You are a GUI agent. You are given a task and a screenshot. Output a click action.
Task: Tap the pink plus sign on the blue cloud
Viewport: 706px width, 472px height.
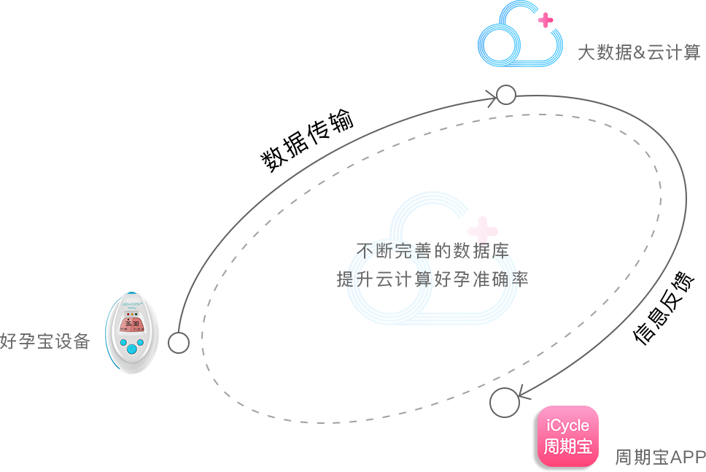click(x=546, y=20)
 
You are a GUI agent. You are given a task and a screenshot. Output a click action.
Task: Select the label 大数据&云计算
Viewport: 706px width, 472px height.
click(x=639, y=53)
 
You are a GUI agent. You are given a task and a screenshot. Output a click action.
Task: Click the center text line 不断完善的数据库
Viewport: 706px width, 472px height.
click(x=432, y=251)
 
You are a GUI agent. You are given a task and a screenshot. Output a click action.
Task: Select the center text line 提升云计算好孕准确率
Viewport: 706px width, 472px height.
click(x=432, y=279)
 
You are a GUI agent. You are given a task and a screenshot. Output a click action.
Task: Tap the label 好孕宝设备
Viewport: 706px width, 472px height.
click(x=45, y=341)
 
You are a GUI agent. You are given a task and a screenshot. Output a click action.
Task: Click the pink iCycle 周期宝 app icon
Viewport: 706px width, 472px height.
click(x=567, y=436)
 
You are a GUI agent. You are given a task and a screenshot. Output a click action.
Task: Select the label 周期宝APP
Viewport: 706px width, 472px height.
click(x=660, y=457)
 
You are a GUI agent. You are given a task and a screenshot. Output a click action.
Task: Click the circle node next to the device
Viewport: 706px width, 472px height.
click(x=179, y=343)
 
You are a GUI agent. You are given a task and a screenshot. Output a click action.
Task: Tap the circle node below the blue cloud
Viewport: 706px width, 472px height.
click(x=506, y=95)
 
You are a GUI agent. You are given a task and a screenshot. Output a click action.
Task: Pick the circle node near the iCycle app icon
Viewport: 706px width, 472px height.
click(x=504, y=403)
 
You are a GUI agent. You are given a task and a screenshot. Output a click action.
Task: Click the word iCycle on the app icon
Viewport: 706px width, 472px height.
click(x=567, y=425)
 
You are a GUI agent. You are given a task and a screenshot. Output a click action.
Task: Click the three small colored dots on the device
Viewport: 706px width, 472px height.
click(x=131, y=314)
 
